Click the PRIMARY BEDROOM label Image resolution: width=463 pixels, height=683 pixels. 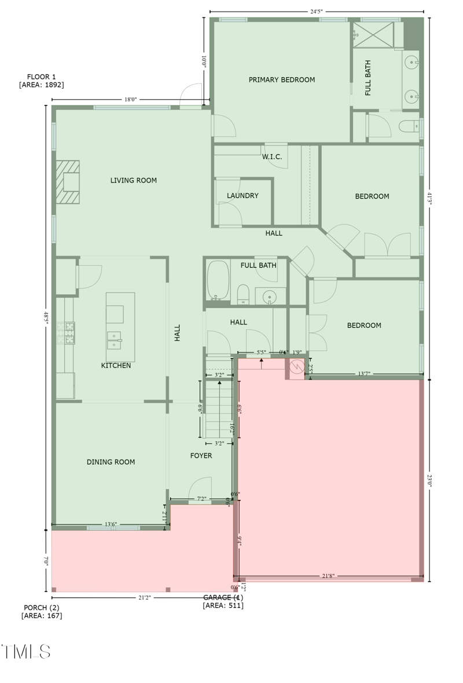(x=282, y=80)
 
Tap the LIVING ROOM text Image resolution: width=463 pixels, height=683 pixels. (x=134, y=181)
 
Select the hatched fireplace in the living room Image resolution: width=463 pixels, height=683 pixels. (x=68, y=182)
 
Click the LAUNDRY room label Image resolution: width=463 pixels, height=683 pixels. (x=242, y=196)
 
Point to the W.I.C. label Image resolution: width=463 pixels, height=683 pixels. (x=271, y=157)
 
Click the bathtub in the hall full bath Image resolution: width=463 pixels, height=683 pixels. (x=218, y=280)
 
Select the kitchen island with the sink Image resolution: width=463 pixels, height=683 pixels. (x=120, y=327)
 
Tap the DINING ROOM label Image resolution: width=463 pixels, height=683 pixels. (x=111, y=462)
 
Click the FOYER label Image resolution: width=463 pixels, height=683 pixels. (x=201, y=456)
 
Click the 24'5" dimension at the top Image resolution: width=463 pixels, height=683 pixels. (x=316, y=11)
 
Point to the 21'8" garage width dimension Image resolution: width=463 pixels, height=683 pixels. (x=328, y=576)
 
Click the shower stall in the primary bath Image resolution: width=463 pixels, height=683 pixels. (x=373, y=35)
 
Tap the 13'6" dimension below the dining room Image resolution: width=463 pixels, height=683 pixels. (x=111, y=524)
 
